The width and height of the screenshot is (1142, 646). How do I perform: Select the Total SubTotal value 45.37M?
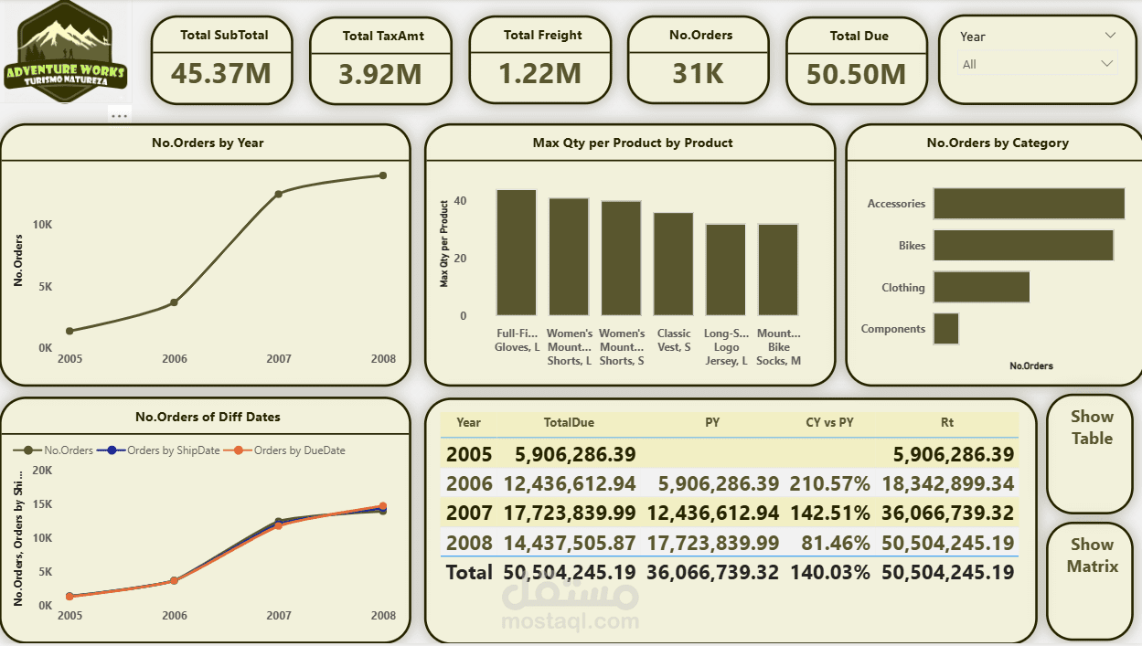[221, 73]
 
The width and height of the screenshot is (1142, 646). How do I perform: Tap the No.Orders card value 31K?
[698, 73]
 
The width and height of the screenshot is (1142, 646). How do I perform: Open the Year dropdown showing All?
[1038, 64]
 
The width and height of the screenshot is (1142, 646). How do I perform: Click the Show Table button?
[1092, 428]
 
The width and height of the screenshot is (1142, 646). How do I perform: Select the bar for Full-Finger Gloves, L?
[517, 253]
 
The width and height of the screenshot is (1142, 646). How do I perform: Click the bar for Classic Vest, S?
[673, 264]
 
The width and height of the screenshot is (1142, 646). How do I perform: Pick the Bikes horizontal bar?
[1023, 245]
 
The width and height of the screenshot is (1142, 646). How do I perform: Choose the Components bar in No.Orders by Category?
[945, 329]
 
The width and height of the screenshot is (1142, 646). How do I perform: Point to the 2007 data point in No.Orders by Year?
[279, 194]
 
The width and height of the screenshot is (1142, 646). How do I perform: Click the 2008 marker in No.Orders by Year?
[382, 175]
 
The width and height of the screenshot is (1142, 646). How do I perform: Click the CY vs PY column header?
[829, 422]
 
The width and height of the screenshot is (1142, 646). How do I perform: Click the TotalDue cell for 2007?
[569, 514]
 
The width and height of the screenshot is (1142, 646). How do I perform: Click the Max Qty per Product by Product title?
[632, 143]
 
